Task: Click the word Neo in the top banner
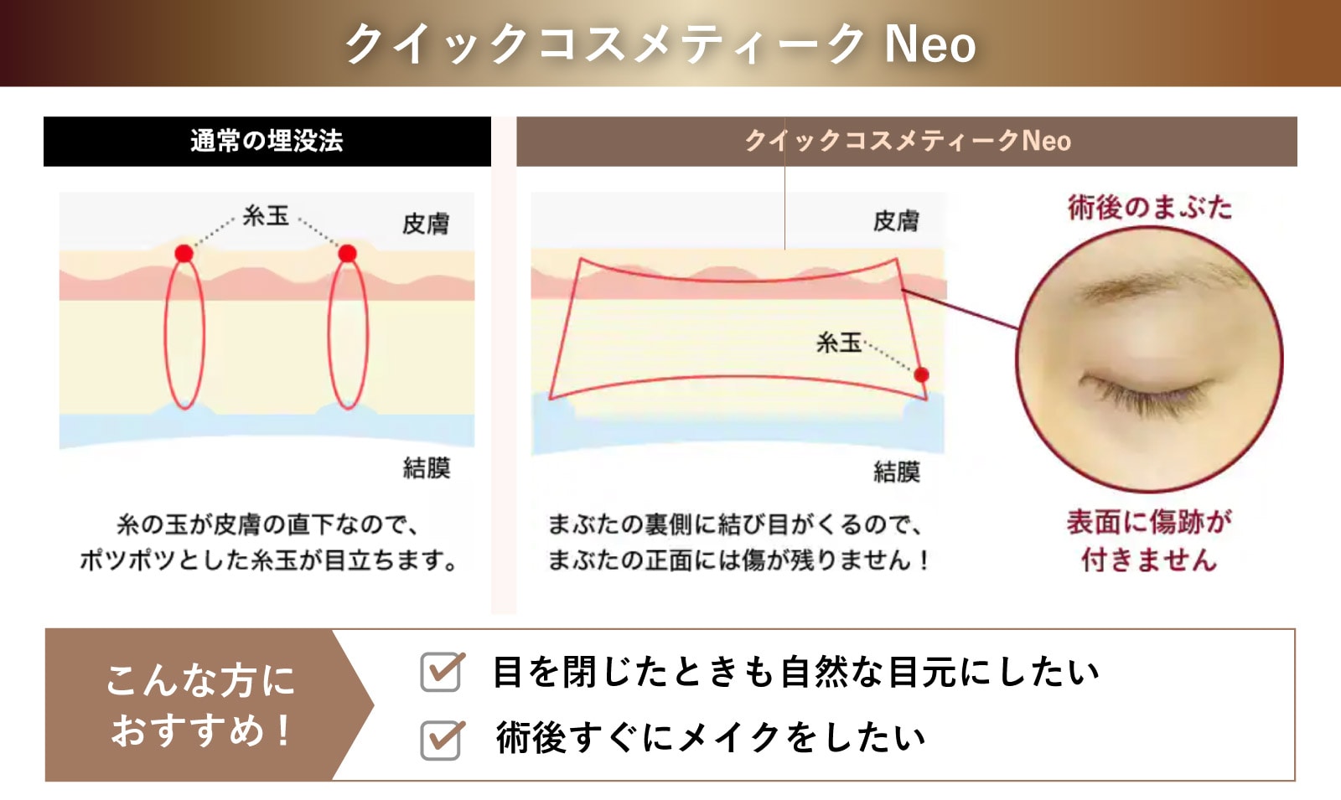(x=929, y=45)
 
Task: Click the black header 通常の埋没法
(x=267, y=142)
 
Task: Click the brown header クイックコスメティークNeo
(x=906, y=142)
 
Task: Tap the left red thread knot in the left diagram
(x=184, y=253)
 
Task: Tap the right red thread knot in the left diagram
(x=347, y=253)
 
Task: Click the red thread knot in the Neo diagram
(x=921, y=374)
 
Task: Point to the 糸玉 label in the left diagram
(x=265, y=216)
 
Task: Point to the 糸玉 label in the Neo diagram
(x=838, y=343)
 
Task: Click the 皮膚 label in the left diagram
(x=426, y=224)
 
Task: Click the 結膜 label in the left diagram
(x=427, y=468)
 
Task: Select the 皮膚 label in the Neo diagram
(x=896, y=221)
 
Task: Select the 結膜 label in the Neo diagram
(x=896, y=472)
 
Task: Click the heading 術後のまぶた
(x=1149, y=208)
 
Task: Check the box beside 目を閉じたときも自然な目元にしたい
(x=441, y=672)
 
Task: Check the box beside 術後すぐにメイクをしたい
(x=441, y=739)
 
